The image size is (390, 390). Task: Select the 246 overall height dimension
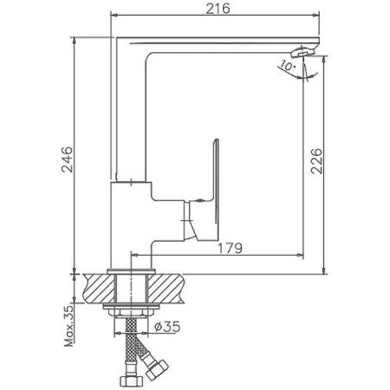[67, 158]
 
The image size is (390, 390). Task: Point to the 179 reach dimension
[229, 247]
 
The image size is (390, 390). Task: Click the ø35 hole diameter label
[167, 326]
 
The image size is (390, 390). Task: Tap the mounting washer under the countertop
[130, 308]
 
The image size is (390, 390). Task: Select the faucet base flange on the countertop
[130, 272]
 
